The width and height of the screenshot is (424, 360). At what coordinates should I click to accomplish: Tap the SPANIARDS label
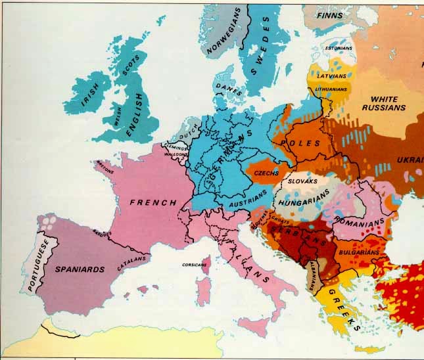[79, 269]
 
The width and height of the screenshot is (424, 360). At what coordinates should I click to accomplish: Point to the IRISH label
[89, 95]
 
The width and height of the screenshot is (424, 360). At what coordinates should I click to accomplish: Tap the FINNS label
[329, 15]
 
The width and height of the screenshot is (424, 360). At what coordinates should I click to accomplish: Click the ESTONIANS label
[339, 48]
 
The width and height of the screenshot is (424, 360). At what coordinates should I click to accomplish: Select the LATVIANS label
[332, 76]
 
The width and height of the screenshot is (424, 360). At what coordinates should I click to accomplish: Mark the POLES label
[300, 143]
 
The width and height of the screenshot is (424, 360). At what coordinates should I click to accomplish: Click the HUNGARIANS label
[306, 195]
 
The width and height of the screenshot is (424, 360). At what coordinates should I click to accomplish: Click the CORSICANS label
[195, 265]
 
